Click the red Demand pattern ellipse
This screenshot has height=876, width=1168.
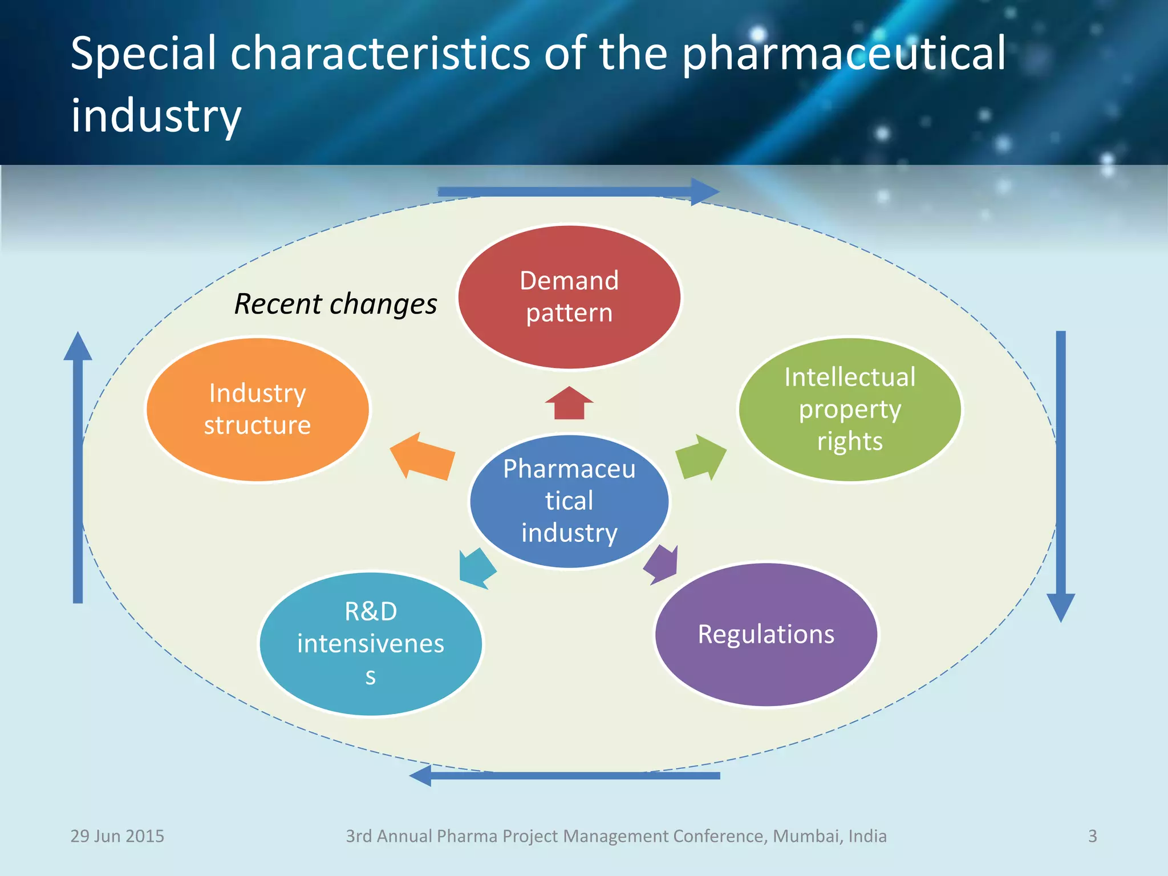coord(569,297)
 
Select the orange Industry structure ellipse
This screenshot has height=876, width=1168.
coord(258,409)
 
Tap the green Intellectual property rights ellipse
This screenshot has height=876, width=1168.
coord(850,409)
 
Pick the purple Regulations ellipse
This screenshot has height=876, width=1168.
coord(766,634)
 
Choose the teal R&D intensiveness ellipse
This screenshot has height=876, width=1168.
coord(371,643)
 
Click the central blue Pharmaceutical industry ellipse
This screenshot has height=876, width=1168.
coord(569,501)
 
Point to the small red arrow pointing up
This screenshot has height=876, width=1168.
coord(569,403)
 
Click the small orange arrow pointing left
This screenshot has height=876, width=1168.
coord(423,456)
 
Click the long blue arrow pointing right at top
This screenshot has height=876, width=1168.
coord(576,192)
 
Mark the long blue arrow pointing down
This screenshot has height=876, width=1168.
coord(1061,473)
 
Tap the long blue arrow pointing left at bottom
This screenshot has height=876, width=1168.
coord(565,776)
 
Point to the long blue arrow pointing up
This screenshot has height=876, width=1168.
coord(78,468)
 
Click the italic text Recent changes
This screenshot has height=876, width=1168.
coord(335,304)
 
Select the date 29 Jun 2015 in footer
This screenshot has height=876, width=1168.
coord(117,836)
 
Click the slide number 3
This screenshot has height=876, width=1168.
coord(1092,836)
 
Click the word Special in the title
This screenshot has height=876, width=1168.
coord(143,54)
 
